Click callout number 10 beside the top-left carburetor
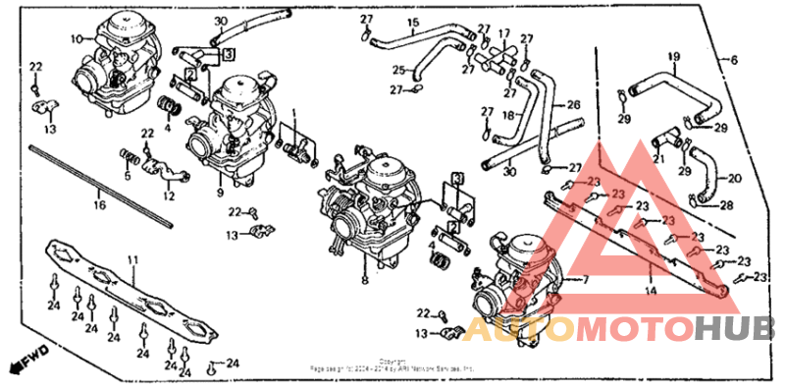[76, 39]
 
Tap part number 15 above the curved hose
[413, 23]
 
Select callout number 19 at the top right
[674, 55]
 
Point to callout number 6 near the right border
[732, 59]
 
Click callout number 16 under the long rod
[98, 205]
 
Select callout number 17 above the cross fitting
[504, 32]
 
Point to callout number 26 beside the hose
[573, 103]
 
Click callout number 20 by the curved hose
[736, 178]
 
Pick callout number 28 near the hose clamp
[727, 205]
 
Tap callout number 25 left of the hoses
[399, 70]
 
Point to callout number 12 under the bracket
[169, 195]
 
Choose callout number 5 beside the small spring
[127, 177]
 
